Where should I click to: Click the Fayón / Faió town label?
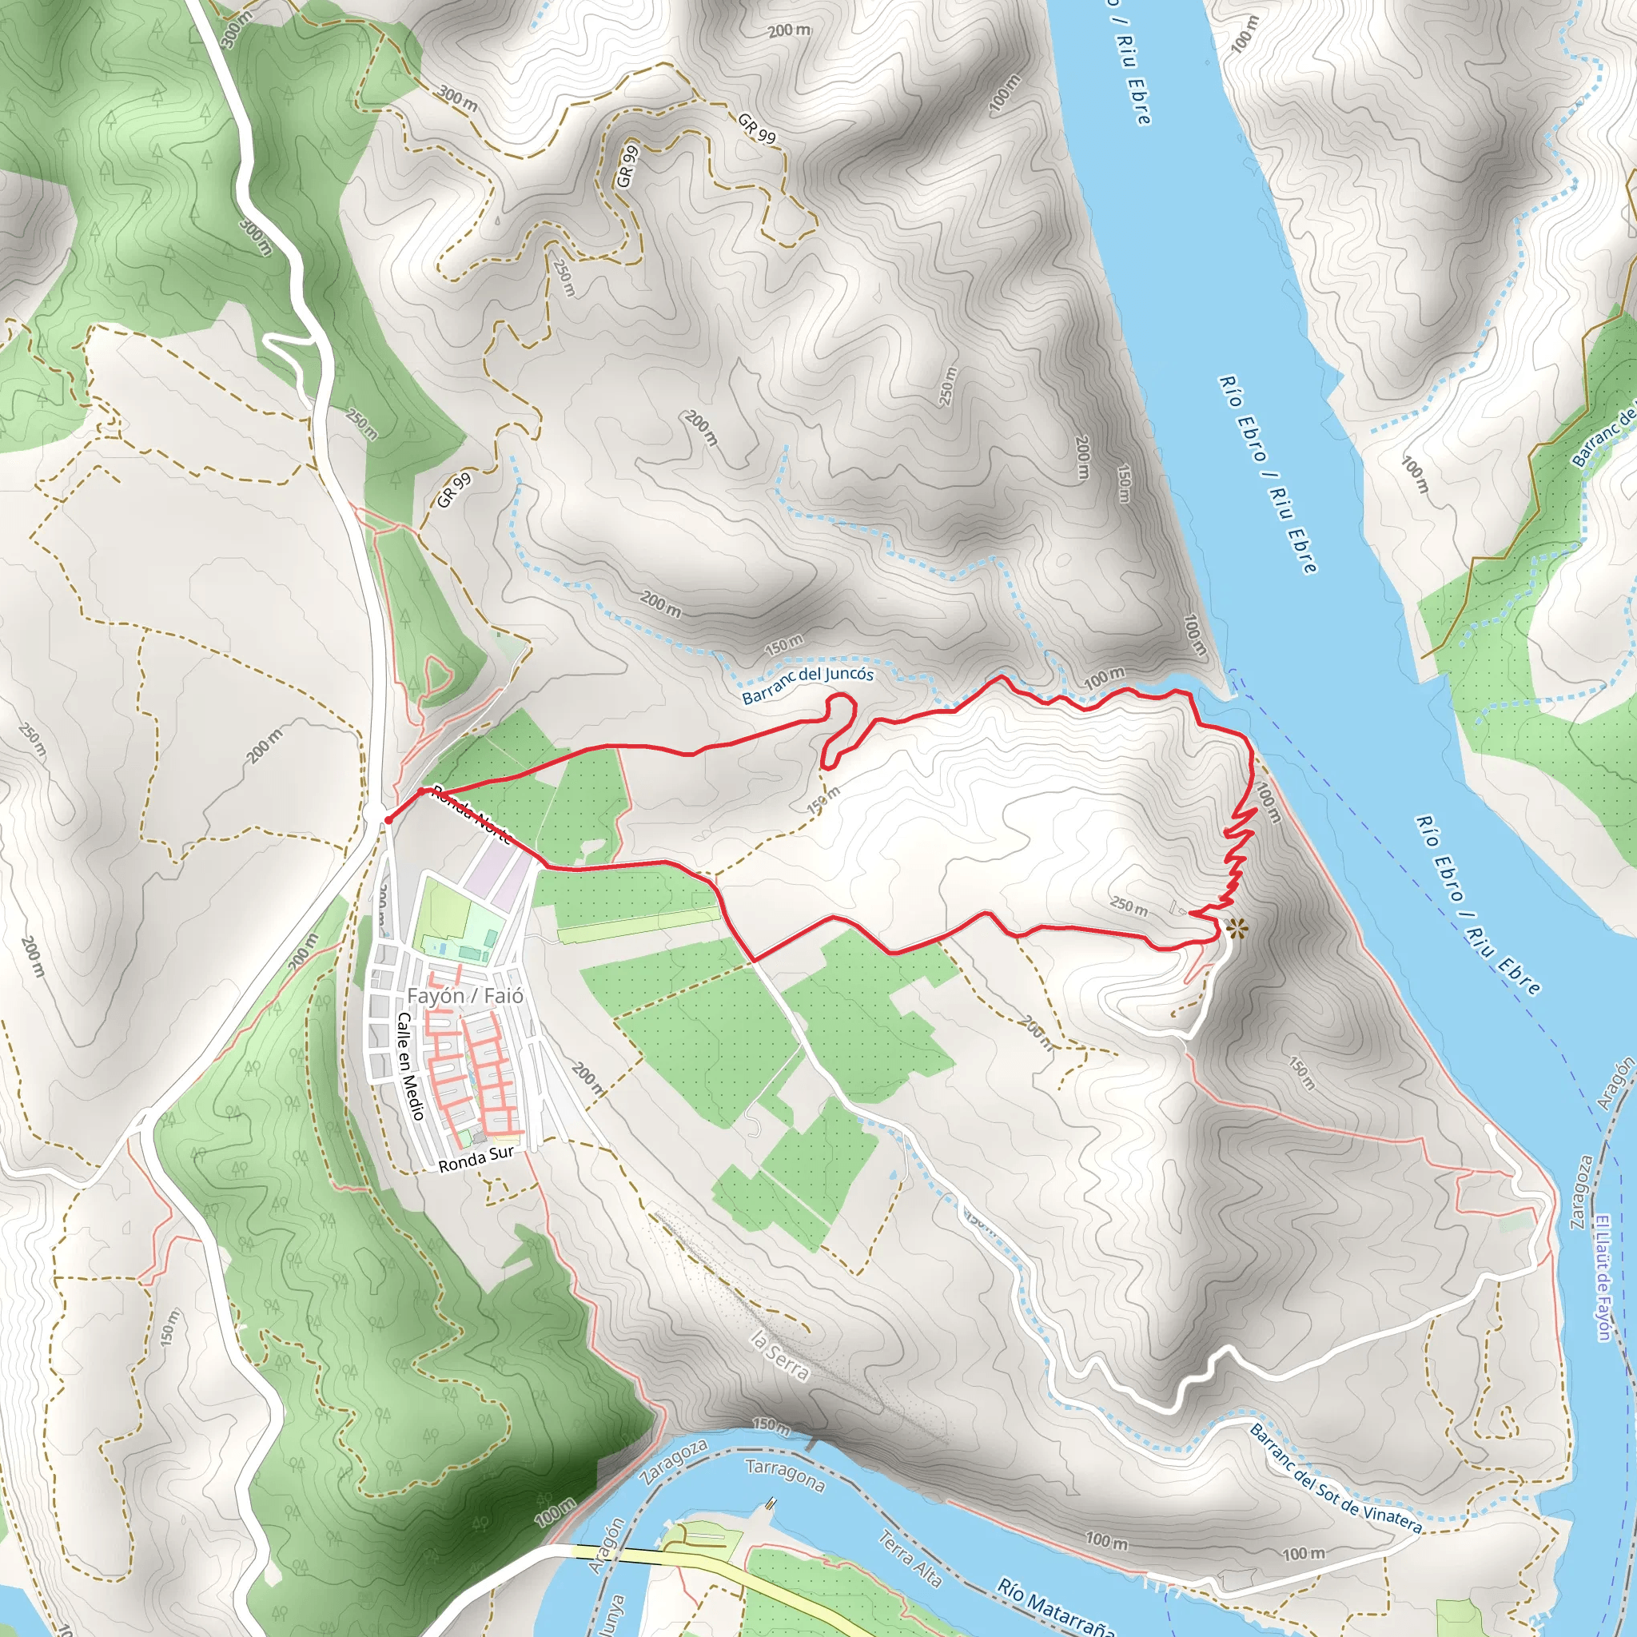pos(465,996)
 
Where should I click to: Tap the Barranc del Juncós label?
pos(807,685)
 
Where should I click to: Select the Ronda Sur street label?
pos(476,1159)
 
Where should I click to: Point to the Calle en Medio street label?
pos(410,1066)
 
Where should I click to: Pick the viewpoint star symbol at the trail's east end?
pos(1237,929)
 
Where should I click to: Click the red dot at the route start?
pos(387,820)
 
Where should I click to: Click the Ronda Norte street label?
pos(472,815)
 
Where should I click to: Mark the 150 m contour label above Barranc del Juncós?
pos(784,645)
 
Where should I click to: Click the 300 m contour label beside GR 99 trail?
pos(457,98)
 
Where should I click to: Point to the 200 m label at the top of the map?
pos(789,30)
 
